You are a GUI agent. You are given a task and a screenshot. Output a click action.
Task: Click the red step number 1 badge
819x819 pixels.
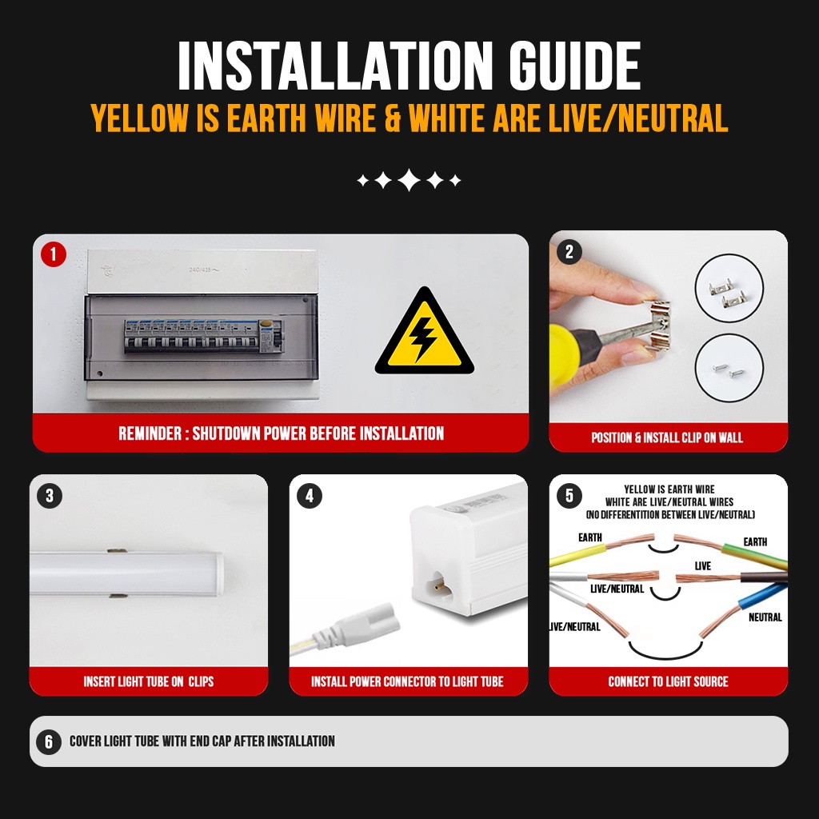click(54, 254)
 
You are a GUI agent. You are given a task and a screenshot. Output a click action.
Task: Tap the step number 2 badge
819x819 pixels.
click(569, 252)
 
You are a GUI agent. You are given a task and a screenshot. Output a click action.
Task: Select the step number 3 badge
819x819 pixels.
click(50, 496)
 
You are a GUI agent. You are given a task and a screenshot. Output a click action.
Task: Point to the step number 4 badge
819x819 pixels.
click(310, 496)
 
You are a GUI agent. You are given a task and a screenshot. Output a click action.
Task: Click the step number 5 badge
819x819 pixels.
click(569, 496)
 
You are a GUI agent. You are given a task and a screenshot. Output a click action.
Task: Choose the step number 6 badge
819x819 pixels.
click(49, 741)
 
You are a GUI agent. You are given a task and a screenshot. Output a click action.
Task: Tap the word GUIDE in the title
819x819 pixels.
click(574, 66)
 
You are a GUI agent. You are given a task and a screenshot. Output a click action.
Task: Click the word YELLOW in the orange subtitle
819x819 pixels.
click(139, 118)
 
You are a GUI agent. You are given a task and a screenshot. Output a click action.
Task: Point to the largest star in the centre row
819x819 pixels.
click(409, 180)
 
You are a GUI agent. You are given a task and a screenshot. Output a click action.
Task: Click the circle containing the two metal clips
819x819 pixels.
click(729, 288)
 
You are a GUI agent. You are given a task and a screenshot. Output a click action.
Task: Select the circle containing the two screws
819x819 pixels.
click(729, 368)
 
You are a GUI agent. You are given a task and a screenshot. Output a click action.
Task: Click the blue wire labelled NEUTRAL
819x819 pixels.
click(762, 595)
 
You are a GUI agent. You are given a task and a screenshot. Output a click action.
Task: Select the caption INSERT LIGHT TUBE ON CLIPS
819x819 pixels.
click(148, 681)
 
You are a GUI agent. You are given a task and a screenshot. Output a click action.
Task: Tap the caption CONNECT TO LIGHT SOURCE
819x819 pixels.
click(668, 681)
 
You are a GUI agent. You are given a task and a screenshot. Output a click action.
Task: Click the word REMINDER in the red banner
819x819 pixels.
click(150, 433)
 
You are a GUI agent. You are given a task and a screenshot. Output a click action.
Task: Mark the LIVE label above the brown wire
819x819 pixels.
click(702, 566)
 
